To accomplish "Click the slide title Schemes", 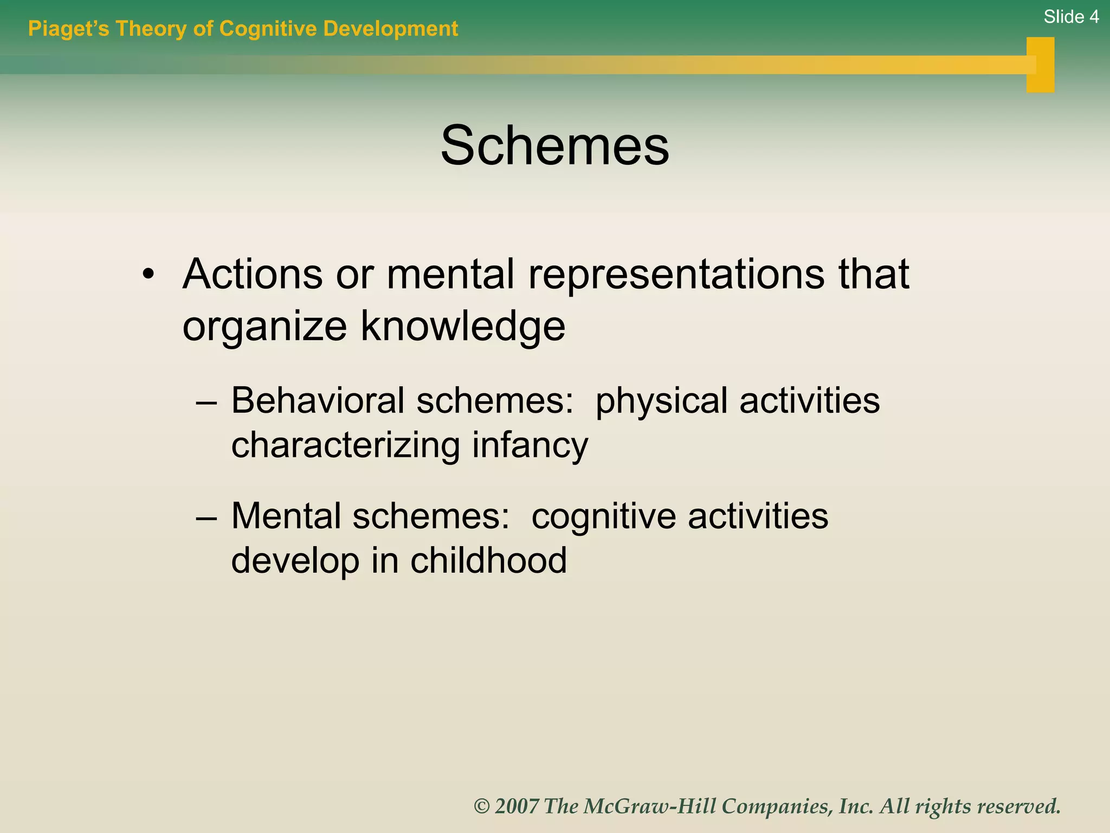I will click(554, 145).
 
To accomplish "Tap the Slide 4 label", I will click(1070, 17).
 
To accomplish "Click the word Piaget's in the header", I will click(68, 29).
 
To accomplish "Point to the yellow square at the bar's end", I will click(1040, 65).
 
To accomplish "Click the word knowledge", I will click(463, 326).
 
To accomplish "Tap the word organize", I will click(264, 326).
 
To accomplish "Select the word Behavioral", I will click(318, 401).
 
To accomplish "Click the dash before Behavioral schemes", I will click(206, 403).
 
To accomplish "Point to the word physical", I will click(661, 402).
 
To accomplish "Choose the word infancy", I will click(530, 446).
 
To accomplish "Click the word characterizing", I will click(345, 446).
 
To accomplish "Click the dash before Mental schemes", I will click(206, 517).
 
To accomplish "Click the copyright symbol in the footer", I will click(481, 806).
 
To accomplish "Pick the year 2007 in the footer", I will click(517, 806).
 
